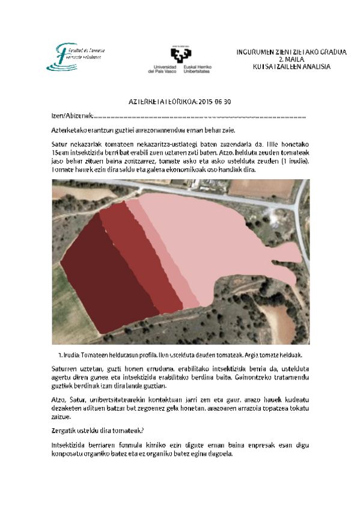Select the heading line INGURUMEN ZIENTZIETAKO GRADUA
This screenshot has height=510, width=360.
coord(292,52)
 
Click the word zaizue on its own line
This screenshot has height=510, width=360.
coord(60,416)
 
